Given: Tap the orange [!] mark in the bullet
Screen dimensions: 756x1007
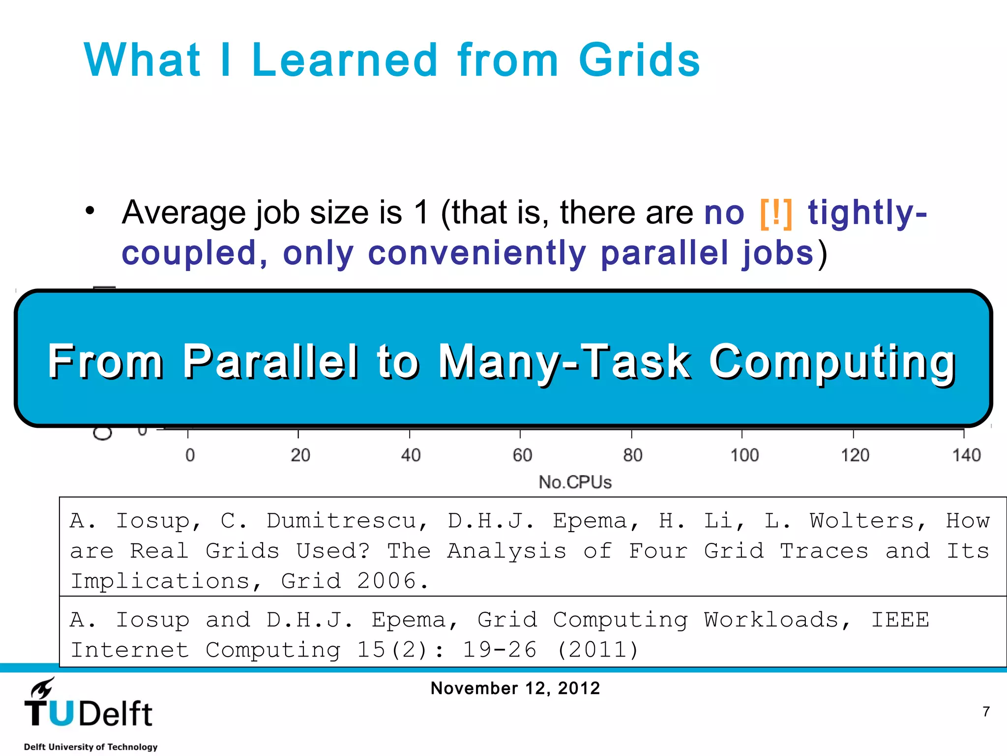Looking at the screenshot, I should pos(776,214).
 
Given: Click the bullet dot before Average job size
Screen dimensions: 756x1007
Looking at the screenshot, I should pos(89,211).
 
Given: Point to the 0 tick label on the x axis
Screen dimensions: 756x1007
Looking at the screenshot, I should pos(190,455).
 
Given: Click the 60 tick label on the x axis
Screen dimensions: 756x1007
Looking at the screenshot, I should pos(522,455).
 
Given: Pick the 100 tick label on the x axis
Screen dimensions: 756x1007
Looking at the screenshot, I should pos(744,455).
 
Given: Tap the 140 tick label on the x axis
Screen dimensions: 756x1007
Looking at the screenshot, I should pos(966,455).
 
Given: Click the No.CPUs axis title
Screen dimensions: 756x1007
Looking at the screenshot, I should pos(575,482).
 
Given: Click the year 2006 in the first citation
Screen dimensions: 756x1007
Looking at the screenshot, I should pos(387,581).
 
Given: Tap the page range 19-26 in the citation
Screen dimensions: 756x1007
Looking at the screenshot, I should pos(499,650).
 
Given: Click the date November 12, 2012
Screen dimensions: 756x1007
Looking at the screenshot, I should pos(515,688).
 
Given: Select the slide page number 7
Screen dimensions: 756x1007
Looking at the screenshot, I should pos(986,712).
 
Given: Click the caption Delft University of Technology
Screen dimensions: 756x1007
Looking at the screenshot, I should pos(91,747).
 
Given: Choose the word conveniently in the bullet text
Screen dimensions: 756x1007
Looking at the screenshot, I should pos(477,253).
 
